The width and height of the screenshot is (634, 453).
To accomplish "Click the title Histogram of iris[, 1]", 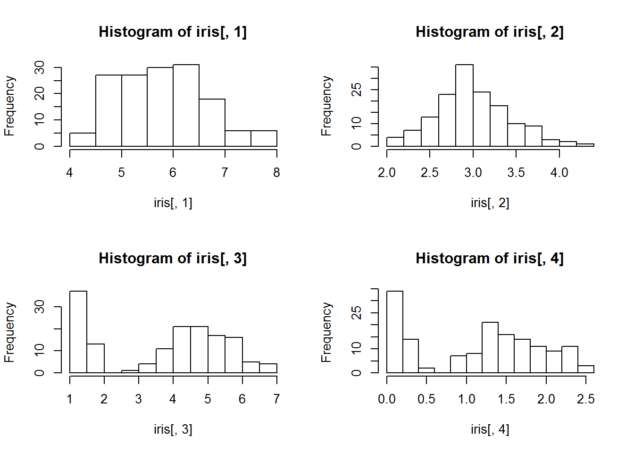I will pyautogui.click(x=173, y=32).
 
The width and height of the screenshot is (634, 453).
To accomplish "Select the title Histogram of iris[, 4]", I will pyautogui.click(x=490, y=258).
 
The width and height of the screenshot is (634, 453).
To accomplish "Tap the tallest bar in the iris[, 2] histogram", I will pyautogui.click(x=464, y=106).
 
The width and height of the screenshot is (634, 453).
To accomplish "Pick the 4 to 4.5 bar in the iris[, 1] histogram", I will pyautogui.click(x=83, y=140).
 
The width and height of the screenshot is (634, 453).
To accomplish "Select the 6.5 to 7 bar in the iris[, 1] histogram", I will pyautogui.click(x=212, y=123).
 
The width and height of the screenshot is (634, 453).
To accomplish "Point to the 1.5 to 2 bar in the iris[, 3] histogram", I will pyautogui.click(x=96, y=358).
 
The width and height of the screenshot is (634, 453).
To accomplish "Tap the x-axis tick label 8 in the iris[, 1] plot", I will pyautogui.click(x=276, y=173).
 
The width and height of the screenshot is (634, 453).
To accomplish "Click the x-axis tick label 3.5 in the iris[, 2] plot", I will pyautogui.click(x=516, y=173).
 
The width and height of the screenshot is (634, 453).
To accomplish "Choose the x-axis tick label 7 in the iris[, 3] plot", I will pyautogui.click(x=276, y=399).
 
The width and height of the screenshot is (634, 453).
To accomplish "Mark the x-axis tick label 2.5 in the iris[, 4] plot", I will pyautogui.click(x=585, y=399).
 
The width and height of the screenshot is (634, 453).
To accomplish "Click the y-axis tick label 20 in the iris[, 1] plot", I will pyautogui.click(x=40, y=93).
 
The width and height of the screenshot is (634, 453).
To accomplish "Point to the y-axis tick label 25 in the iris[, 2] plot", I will pyautogui.click(x=357, y=89).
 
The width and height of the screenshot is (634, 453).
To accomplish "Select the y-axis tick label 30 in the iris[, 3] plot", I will pyautogui.click(x=40, y=307).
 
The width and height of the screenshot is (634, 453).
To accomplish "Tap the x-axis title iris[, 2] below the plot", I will pyautogui.click(x=490, y=203).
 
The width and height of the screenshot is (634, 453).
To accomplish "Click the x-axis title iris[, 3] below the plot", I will pyautogui.click(x=173, y=429).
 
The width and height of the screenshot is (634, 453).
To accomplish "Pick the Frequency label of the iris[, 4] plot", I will pyautogui.click(x=326, y=332).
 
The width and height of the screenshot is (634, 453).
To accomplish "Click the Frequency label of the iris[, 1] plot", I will pyautogui.click(x=9, y=106).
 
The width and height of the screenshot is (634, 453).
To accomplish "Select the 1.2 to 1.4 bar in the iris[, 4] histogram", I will pyautogui.click(x=490, y=347).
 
